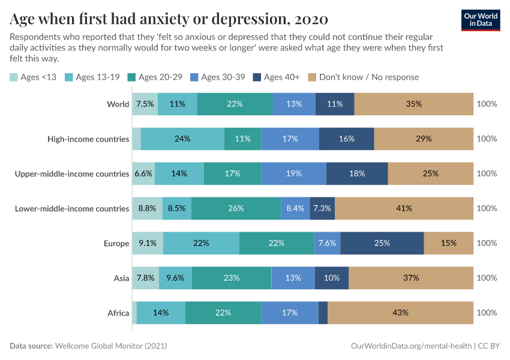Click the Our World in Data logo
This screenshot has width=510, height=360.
coord(480,20)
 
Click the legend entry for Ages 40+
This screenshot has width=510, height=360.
coord(277,77)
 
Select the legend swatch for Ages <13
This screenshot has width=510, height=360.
coord(14,77)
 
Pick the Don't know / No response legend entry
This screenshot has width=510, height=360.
coord(363,77)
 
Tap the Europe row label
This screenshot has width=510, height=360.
coord(116,243)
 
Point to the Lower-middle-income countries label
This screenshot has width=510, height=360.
coord(71,208)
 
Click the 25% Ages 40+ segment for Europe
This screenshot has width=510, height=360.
coord(382,243)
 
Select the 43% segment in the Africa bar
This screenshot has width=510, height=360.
coord(400,313)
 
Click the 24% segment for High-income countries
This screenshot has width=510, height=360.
coord(182,139)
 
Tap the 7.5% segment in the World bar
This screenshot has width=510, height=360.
coord(145,104)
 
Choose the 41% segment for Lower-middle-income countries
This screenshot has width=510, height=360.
coord(404,208)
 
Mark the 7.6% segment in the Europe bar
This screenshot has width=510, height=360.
coord(327,243)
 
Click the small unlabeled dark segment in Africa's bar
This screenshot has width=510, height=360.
coord(323,313)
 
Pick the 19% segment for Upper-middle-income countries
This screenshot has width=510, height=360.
coord(293,173)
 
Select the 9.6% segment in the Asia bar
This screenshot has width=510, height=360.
coord(175,278)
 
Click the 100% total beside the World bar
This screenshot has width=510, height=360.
coord(487,104)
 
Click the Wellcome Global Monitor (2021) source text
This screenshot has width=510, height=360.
coord(110,346)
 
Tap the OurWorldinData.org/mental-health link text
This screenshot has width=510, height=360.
coord(411,346)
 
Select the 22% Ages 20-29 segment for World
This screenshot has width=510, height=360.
coord(235,104)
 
